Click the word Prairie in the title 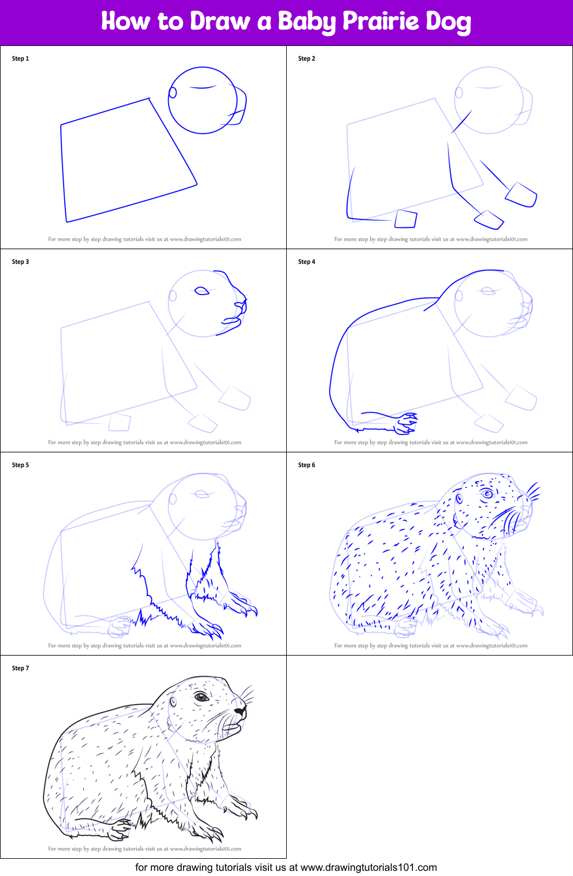[380, 22]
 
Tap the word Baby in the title [306, 22]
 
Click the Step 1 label [21, 59]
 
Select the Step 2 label [307, 59]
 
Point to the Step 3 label [21, 262]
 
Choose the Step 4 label [307, 262]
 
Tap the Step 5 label [21, 465]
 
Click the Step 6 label [307, 465]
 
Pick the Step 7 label [21, 668]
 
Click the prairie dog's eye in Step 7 [201, 697]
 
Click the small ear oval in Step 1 [172, 93]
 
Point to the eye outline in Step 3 [202, 292]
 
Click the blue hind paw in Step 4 [407, 424]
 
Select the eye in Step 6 [488, 494]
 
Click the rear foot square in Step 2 [406, 219]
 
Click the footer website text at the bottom [286, 867]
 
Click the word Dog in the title [448, 22]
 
